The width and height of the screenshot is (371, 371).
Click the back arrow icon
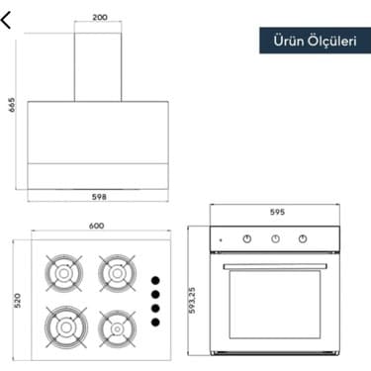click(x=6, y=20)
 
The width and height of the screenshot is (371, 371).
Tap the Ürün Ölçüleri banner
click(x=315, y=41)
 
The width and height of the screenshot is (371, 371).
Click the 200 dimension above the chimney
click(x=100, y=17)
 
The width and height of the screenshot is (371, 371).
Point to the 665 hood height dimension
click(x=12, y=105)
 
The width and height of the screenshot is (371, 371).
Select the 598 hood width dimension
click(x=99, y=197)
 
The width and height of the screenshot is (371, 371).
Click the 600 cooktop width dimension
click(x=96, y=226)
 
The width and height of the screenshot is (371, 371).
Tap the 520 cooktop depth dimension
click(x=18, y=301)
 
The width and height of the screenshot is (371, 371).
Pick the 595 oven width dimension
click(x=277, y=212)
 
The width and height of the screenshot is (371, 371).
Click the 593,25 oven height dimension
click(x=192, y=300)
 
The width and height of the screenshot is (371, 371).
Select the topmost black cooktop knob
click(x=155, y=281)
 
